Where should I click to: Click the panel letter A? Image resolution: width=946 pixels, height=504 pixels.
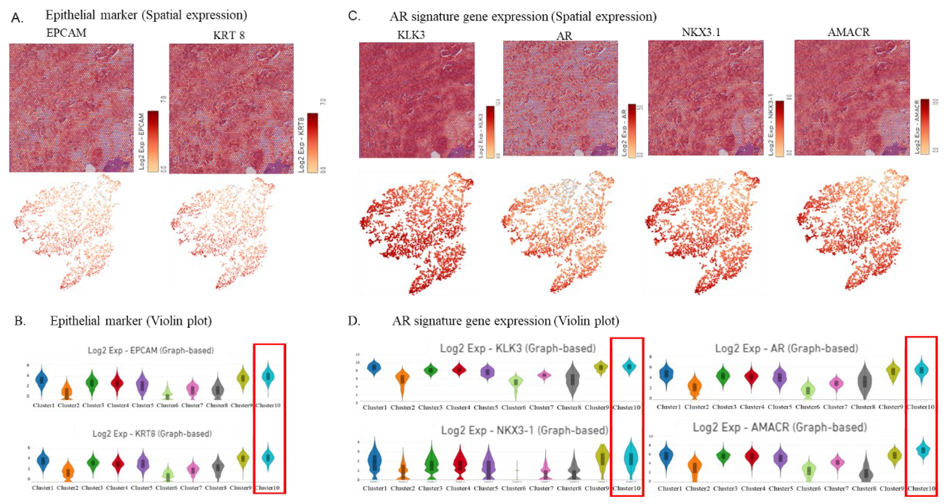click(x=17, y=17)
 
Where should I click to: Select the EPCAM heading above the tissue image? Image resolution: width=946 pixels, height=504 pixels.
click(x=66, y=33)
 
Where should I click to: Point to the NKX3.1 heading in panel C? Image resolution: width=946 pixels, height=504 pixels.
click(x=701, y=32)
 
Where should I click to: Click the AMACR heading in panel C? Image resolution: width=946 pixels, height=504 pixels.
click(x=848, y=32)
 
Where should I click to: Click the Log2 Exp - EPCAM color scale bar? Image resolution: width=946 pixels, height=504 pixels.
click(x=153, y=141)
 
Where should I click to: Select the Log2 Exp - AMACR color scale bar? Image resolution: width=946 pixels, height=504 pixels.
click(x=925, y=126)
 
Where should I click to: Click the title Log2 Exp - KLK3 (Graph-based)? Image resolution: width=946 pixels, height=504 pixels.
click(x=518, y=348)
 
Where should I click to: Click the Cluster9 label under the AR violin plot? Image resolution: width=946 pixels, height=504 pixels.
click(x=891, y=407)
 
